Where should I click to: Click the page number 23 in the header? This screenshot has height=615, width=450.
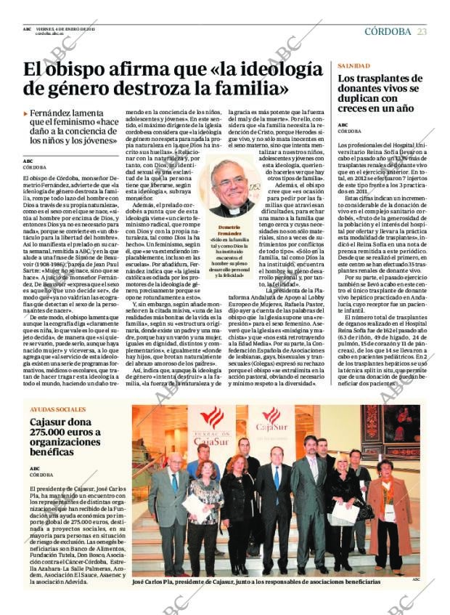[x=422, y=31]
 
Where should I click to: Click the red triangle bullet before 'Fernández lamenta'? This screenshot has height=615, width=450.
[x=26, y=113]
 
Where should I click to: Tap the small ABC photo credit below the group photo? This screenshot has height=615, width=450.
[x=415, y=579]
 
